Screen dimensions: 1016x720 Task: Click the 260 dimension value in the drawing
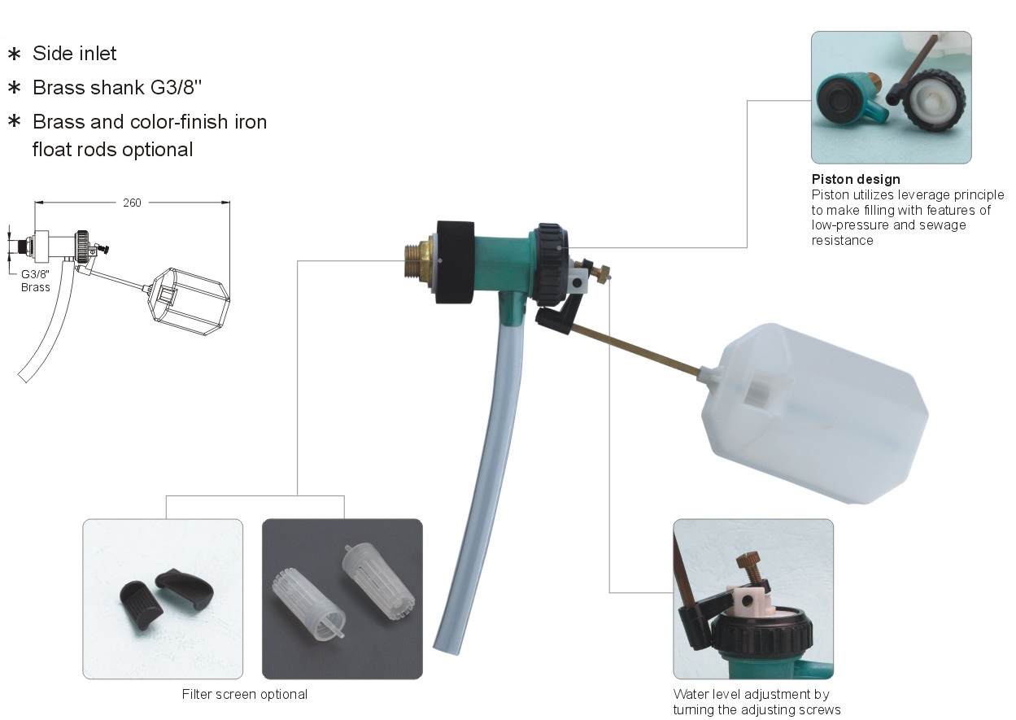[132, 203]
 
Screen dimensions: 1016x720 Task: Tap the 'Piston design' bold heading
[856, 179]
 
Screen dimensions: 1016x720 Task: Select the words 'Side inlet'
[74, 54]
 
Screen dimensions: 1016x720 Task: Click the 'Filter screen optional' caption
[245, 694]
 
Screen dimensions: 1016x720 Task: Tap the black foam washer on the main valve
[455, 262]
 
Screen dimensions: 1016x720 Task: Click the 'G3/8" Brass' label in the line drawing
[35, 281]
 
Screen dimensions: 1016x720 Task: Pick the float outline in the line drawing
[190, 301]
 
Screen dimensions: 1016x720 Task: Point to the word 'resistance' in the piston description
[842, 241]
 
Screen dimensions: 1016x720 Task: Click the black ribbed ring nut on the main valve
[550, 265]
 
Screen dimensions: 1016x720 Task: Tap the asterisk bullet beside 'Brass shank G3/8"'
[15, 87]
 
